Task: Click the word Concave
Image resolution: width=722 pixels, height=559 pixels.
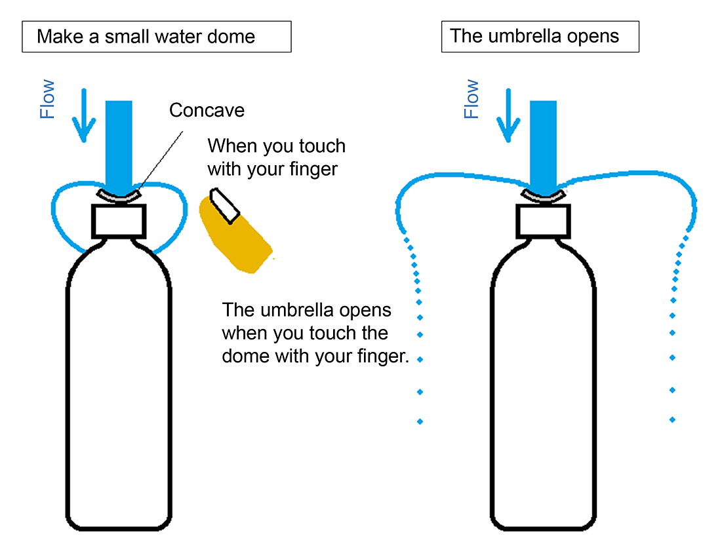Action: click(207, 110)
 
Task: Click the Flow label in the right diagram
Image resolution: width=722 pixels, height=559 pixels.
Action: click(471, 100)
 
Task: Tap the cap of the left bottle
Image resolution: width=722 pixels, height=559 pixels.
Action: click(118, 220)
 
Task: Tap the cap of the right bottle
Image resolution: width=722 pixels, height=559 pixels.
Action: click(542, 220)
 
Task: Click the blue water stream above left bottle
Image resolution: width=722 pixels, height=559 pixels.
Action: click(119, 141)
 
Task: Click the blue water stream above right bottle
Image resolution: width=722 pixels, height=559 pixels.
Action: click(543, 141)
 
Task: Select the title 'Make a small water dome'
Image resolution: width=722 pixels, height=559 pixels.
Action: click(146, 36)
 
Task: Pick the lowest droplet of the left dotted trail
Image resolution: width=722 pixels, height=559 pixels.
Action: click(420, 421)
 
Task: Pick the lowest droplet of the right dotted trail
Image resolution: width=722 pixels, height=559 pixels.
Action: click(672, 419)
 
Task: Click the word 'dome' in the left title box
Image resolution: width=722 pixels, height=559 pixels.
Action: click(230, 36)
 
